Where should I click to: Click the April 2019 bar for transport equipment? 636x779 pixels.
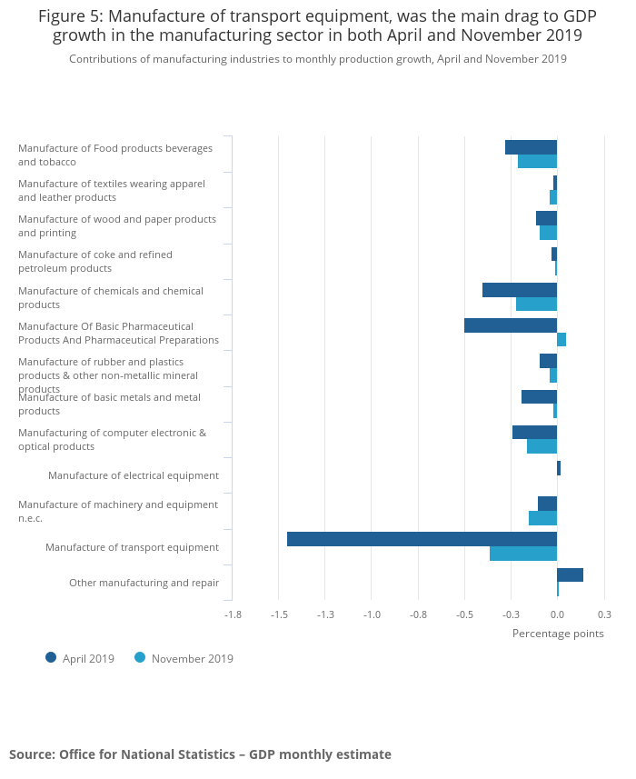coord(422,539)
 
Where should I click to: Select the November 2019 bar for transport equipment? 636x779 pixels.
coord(522,554)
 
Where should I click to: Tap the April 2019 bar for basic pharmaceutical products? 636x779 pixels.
coord(510,325)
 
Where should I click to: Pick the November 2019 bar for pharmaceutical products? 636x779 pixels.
coord(561,340)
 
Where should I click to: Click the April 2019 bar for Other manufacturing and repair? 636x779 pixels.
coord(570,574)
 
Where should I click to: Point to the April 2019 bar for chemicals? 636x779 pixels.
coord(519,290)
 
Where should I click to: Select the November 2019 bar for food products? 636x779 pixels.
coord(537,162)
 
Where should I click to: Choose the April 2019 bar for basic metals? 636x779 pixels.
coord(539,396)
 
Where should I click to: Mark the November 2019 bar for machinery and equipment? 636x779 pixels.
coord(542,518)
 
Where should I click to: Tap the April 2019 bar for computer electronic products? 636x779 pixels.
coord(534,432)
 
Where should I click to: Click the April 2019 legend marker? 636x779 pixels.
coord(51,657)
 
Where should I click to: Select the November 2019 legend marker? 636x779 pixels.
coord(140,657)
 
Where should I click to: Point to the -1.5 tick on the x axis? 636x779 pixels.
coord(279,614)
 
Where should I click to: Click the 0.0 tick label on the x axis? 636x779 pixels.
coord(557,614)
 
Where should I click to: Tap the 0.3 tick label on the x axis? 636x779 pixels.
coord(604,614)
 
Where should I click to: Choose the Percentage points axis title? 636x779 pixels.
coord(558,634)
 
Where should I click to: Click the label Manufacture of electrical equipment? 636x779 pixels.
coord(134,475)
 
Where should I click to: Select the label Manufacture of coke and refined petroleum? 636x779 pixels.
coord(94,262)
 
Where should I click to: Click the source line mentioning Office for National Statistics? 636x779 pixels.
coord(200,754)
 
